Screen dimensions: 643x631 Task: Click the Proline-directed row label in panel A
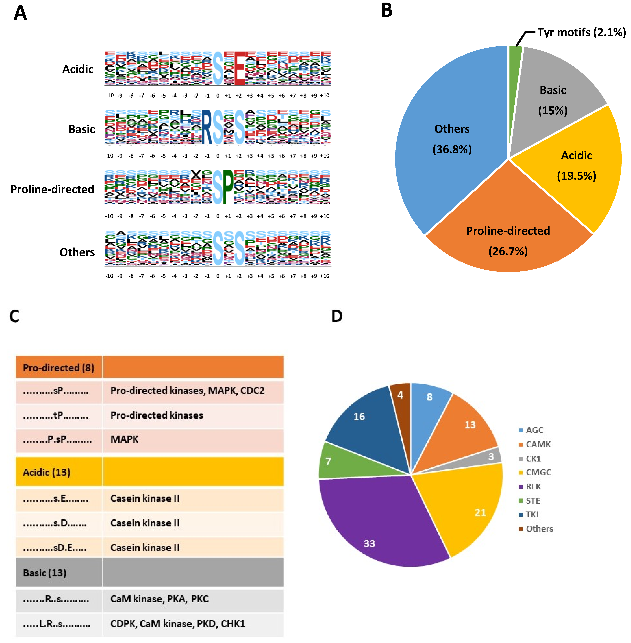pyautogui.click(x=52, y=189)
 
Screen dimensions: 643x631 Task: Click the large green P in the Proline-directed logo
pyautogui.click(x=228, y=188)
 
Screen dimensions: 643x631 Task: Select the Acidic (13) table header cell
pyautogui.click(x=46, y=472)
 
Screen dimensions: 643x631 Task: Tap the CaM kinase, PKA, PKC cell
pyautogui.click(x=159, y=599)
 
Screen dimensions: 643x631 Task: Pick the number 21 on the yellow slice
pyautogui.click(x=480, y=512)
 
